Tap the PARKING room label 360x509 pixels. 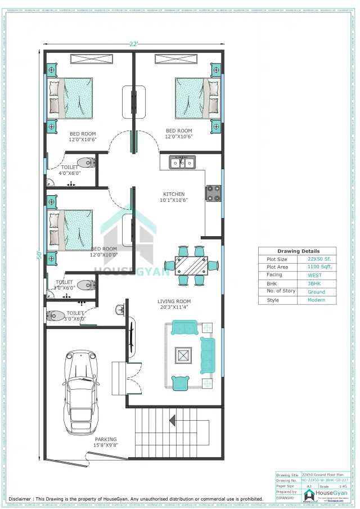[x=106, y=439]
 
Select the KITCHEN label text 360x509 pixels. [x=173, y=194]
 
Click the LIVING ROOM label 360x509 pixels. [x=174, y=301]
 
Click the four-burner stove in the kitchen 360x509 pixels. [x=213, y=193]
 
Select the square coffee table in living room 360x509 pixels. [x=184, y=355]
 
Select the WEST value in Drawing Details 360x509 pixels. [x=315, y=275]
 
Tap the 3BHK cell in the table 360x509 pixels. [x=315, y=283]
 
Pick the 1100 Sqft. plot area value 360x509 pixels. [x=319, y=267]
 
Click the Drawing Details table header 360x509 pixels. [x=298, y=251]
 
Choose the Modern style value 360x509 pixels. [x=317, y=300]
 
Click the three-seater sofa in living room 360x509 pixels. [x=207, y=355]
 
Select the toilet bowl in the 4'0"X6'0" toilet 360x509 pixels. [x=85, y=164]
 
